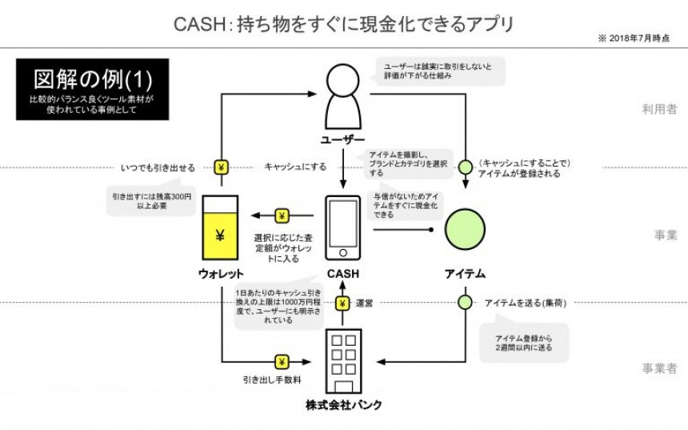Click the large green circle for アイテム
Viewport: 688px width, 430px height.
click(465, 228)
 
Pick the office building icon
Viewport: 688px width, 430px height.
click(343, 360)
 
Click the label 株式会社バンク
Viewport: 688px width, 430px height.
click(343, 404)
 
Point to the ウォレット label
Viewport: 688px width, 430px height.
click(221, 274)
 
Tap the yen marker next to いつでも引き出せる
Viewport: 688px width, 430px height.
click(222, 167)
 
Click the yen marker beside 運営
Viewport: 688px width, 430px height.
click(342, 303)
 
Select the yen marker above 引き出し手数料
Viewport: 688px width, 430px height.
click(282, 362)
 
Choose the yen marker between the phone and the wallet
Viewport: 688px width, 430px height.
click(282, 215)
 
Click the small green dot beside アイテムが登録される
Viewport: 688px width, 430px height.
click(465, 167)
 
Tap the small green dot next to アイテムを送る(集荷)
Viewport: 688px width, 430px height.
click(465, 303)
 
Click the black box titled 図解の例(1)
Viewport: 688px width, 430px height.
click(92, 88)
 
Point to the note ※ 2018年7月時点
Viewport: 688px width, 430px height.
click(633, 38)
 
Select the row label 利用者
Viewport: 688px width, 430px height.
click(659, 109)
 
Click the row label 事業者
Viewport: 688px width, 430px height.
click(659, 368)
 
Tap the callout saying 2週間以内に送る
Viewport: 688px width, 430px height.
click(524, 344)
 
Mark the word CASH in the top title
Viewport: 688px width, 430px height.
click(198, 25)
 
